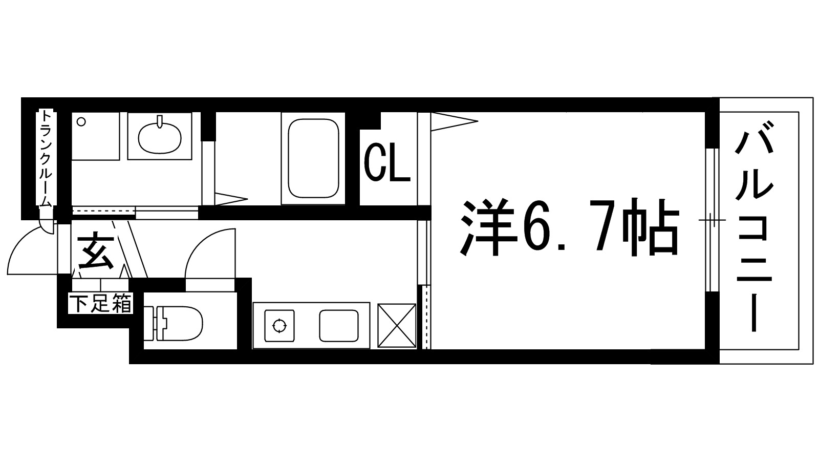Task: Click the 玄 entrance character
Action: [96, 252]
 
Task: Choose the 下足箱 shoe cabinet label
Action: [101, 305]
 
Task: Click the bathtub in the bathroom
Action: [313, 158]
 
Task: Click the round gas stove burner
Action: [279, 325]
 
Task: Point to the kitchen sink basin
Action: [338, 326]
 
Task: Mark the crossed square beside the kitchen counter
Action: [397, 326]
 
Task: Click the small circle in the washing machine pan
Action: [80, 122]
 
